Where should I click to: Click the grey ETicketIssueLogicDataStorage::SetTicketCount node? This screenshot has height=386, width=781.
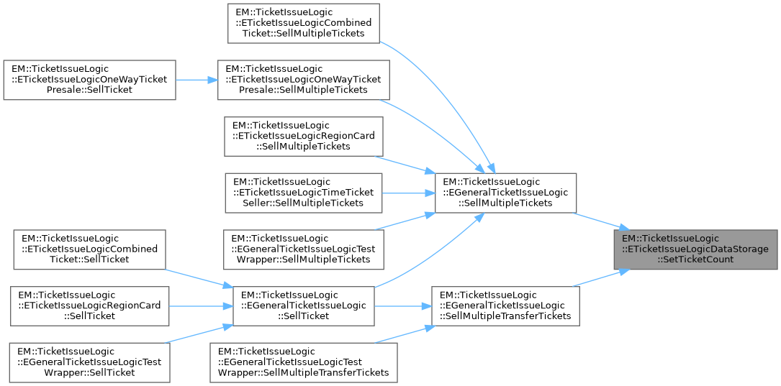(695, 249)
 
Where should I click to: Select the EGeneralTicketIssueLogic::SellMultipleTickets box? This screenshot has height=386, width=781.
(505, 193)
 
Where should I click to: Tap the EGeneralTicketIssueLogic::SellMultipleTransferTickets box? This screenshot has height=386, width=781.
(505, 305)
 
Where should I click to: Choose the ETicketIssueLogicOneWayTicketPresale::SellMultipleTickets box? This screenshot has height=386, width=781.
(304, 79)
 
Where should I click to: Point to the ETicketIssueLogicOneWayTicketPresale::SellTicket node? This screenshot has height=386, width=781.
(89, 79)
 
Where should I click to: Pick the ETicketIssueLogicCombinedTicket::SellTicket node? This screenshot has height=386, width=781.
(85, 249)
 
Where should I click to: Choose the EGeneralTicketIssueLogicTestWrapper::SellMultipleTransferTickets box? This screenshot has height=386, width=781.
(303, 362)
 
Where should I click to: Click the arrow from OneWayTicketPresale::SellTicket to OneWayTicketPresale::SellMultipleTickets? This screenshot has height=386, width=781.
(197, 79)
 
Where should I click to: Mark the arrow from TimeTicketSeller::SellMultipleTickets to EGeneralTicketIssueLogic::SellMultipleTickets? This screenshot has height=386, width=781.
(407, 193)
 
